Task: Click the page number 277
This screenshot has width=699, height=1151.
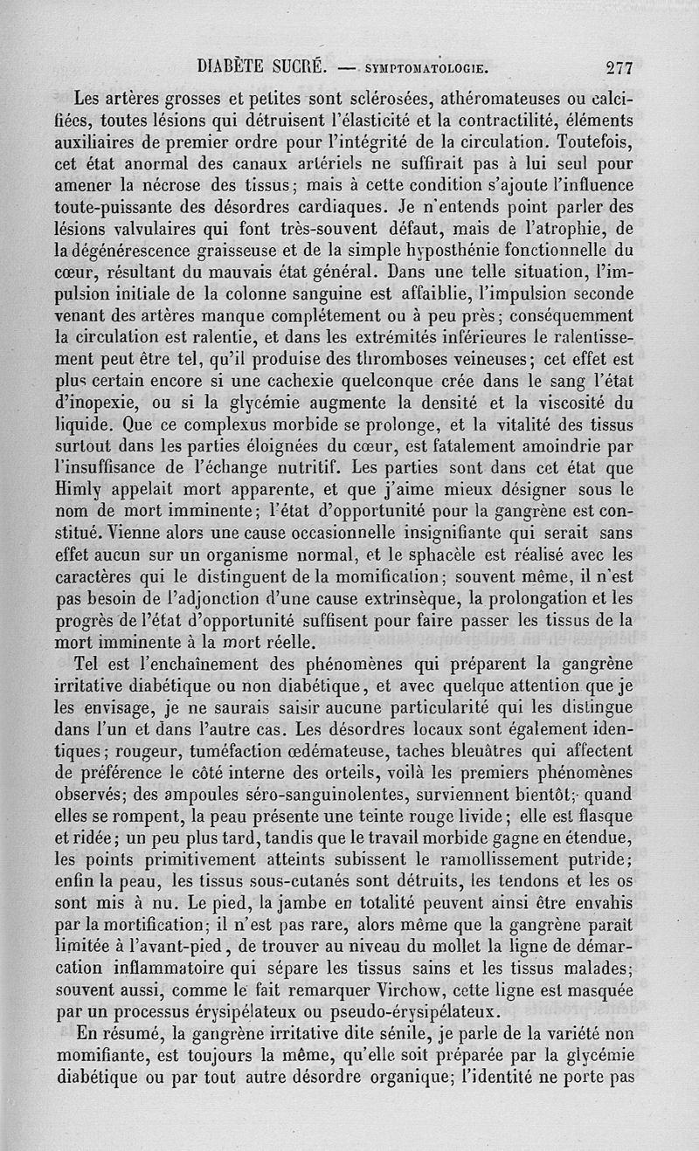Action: coord(617,67)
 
